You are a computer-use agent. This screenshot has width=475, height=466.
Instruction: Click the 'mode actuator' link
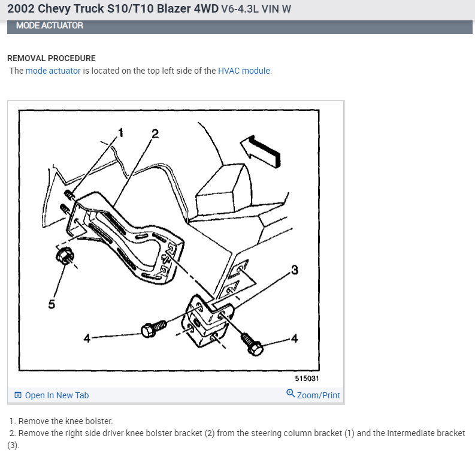click(53, 71)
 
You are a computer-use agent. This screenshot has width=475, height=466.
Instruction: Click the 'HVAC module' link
click(244, 71)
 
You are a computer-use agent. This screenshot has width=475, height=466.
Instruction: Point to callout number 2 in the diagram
click(155, 134)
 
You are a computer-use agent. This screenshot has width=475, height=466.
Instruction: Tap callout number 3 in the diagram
click(295, 270)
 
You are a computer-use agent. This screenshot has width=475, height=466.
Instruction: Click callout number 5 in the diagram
click(52, 304)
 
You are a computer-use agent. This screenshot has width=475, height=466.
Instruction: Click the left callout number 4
click(87, 338)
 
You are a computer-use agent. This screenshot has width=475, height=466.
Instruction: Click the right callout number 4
click(294, 339)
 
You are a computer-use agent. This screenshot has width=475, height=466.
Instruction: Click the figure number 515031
click(307, 379)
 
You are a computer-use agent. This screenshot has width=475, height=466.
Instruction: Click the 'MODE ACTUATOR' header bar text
click(49, 26)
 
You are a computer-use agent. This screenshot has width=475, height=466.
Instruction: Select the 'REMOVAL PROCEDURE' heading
click(51, 58)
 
